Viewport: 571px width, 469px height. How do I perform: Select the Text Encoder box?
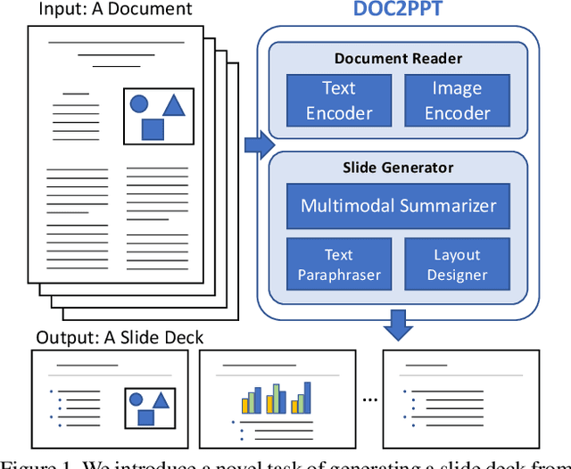point(338,100)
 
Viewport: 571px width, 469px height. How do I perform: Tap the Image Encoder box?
point(457,100)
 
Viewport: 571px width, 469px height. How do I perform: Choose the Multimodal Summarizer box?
point(398,206)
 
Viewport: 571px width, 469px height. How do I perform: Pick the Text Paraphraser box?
point(338,264)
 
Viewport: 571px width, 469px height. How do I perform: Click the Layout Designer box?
point(457,264)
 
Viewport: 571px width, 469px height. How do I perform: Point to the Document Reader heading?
point(398,59)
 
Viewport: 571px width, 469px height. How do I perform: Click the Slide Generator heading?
point(398,167)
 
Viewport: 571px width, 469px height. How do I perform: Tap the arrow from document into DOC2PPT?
point(259,145)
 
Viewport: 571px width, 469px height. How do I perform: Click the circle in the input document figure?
point(139,103)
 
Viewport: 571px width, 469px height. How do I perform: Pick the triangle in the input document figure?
point(173,105)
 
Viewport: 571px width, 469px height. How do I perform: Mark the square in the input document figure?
point(153,129)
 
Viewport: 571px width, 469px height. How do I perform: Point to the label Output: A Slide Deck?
point(120,338)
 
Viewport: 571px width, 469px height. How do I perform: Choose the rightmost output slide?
point(460,396)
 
